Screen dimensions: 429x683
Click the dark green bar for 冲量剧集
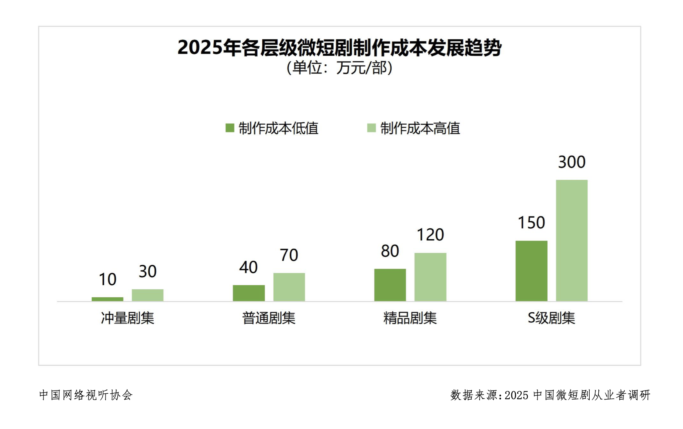(107, 299)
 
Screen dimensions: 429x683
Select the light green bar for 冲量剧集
(147, 295)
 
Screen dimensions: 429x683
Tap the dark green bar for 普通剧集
(249, 293)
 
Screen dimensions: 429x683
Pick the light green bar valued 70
(289, 287)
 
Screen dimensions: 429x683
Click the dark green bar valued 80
(390, 285)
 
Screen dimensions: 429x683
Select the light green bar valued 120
(430, 277)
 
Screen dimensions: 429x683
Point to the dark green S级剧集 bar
(531, 271)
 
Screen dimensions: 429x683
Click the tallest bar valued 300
(572, 240)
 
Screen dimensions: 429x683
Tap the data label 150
(531, 223)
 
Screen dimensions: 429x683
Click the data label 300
(572, 162)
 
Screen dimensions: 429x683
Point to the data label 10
(107, 280)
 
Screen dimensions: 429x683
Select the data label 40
(249, 267)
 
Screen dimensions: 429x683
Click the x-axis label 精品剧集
(410, 318)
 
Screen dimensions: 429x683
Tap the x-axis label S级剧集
(551, 318)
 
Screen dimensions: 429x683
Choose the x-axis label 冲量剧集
(127, 318)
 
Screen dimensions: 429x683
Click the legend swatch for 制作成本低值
(230, 128)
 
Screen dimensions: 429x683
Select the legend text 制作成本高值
(420, 128)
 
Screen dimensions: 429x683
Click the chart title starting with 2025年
(340, 47)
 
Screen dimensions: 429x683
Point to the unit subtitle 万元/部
(340, 68)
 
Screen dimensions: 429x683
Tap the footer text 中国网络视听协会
(86, 395)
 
